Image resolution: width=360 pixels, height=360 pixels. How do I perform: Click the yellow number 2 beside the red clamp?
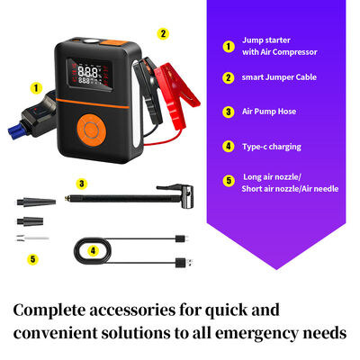[162, 33]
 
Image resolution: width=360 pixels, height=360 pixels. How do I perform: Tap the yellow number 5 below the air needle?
[32, 259]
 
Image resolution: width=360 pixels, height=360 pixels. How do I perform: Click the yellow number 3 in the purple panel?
[228, 112]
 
